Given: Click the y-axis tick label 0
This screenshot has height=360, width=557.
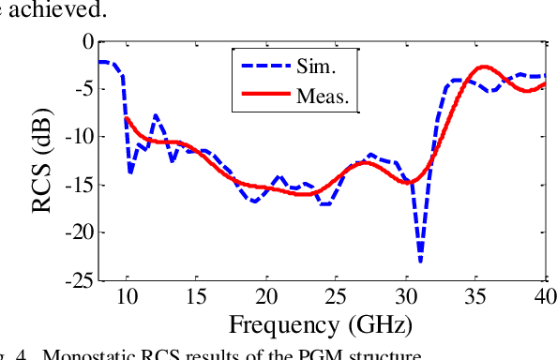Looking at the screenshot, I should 87,41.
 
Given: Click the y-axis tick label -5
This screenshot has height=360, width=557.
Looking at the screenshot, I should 83,89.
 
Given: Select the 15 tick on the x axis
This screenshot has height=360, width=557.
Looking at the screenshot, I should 197,297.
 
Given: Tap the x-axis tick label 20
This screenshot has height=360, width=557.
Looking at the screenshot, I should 266,297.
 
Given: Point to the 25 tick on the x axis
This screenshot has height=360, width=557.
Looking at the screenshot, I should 336,297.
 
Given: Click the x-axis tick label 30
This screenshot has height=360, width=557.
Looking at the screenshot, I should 406,297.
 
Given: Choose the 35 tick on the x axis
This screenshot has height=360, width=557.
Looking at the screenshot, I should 475,297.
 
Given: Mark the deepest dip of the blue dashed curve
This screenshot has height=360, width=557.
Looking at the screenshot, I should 420,261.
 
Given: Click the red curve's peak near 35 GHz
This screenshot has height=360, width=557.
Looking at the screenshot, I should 484,67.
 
